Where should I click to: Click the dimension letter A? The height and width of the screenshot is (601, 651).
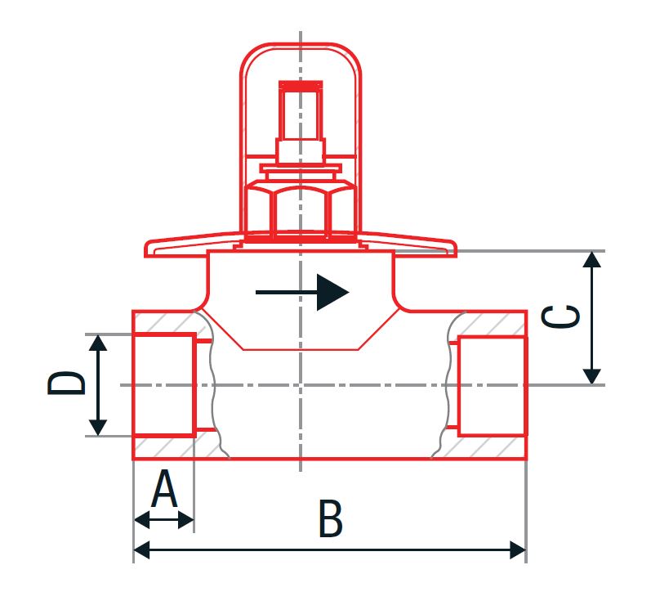pos(164,489)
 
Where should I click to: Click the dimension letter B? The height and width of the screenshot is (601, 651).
pos(331,518)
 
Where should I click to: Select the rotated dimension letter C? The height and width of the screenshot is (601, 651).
pos(560,316)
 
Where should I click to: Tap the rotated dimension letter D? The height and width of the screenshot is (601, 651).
pos(66,383)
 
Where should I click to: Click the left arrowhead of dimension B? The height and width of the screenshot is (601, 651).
pos(141,549)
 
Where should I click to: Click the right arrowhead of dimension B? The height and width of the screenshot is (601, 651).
pos(518,549)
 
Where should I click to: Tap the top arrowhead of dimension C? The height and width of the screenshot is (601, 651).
pos(591,259)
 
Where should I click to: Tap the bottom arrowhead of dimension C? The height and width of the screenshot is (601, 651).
pos(591,377)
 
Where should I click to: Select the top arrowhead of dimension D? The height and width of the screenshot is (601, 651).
pos(98,343)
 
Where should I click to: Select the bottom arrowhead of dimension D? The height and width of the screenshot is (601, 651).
pos(98,428)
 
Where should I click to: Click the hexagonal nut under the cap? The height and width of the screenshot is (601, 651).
pos(301,210)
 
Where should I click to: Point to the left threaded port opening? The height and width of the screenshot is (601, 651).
pos(164,384)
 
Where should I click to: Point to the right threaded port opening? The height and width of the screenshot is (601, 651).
pos(493,386)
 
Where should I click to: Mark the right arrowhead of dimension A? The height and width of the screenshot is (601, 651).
pos(186,519)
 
